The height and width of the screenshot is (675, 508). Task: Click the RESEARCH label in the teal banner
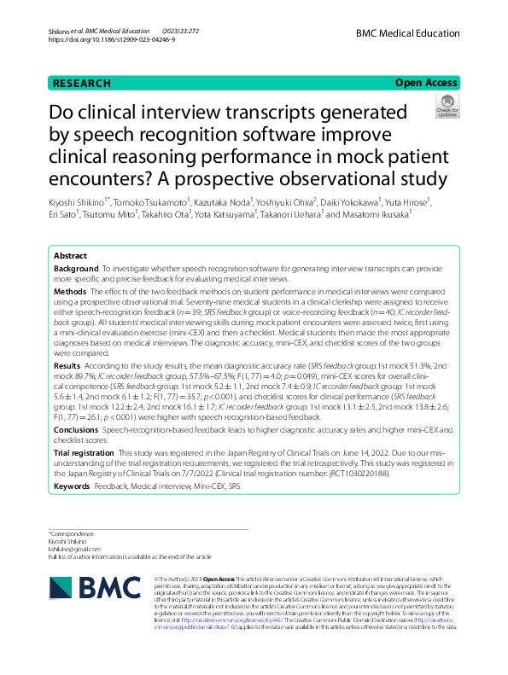click(81, 84)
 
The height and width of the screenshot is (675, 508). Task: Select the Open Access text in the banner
click(425, 84)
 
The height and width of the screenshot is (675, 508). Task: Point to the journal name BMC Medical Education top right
click(408, 32)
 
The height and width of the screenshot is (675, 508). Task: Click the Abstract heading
click(70, 256)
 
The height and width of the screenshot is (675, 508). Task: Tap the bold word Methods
click(70, 291)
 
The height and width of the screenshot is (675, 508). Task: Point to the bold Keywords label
click(72, 486)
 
